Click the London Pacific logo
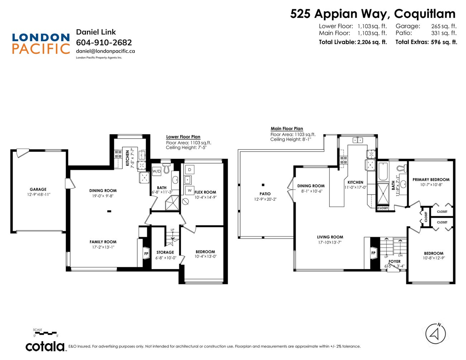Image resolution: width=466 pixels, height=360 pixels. (x=41, y=43)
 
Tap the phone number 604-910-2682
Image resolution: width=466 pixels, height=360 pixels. (x=104, y=43)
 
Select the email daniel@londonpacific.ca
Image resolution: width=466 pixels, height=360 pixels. (x=105, y=51)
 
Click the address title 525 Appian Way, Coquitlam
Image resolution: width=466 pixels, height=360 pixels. (x=372, y=14)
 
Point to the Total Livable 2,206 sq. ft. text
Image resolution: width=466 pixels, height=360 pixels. (x=353, y=42)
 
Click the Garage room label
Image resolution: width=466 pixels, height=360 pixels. (x=38, y=189)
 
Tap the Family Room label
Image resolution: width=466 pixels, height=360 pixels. (x=103, y=242)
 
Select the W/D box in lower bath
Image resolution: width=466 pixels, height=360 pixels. (x=157, y=171)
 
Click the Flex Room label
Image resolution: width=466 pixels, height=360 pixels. (x=205, y=192)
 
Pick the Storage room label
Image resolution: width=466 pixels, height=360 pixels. (x=165, y=253)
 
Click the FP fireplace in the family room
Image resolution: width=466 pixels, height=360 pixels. (x=146, y=254)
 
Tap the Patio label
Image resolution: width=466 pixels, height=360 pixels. (x=265, y=194)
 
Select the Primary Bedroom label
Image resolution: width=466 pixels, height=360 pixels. (x=431, y=180)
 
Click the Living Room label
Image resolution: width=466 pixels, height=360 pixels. (x=330, y=237)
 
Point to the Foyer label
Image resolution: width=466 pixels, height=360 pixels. (x=394, y=261)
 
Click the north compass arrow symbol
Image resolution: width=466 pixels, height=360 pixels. (x=435, y=334)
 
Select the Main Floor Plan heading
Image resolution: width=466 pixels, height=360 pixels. (x=287, y=129)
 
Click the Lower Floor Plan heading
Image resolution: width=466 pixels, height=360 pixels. (x=183, y=137)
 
